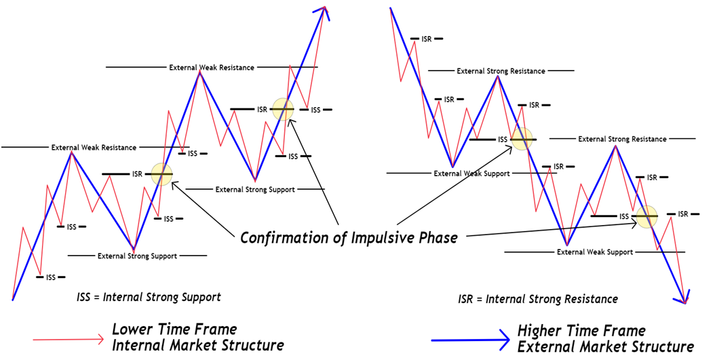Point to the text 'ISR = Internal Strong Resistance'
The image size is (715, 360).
click(538, 299)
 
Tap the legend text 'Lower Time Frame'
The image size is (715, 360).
click(174, 329)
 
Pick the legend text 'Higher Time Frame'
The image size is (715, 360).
click(581, 330)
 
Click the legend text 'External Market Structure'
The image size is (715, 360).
click(606, 346)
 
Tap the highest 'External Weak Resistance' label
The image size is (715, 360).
click(212, 68)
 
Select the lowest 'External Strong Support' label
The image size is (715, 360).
click(137, 256)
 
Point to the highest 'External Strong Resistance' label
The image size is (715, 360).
click(501, 71)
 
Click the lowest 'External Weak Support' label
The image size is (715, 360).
click(594, 252)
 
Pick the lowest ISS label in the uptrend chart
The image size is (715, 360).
click(51, 277)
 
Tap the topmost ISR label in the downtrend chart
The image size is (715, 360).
click(427, 39)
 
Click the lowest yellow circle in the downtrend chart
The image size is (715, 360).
click(646, 216)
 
